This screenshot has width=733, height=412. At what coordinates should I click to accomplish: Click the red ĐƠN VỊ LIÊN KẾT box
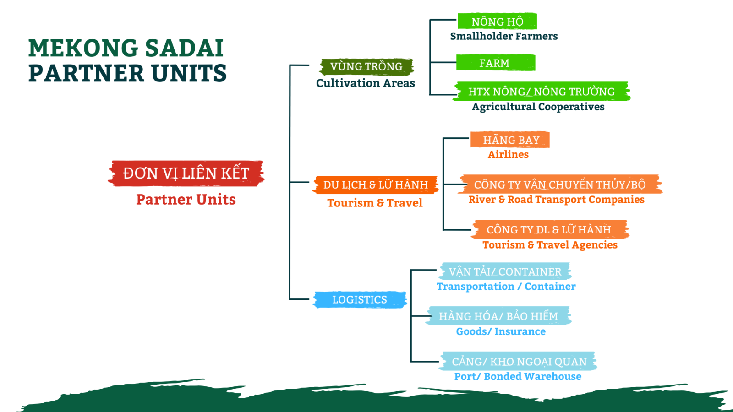(186, 173)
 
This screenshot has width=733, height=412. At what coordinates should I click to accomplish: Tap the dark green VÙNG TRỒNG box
(366, 67)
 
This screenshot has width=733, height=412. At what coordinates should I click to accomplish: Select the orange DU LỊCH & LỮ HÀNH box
(375, 185)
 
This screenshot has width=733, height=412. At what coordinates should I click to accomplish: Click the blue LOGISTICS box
(360, 299)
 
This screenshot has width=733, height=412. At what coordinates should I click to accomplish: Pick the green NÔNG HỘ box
(497, 21)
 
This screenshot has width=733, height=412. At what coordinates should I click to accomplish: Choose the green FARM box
(495, 62)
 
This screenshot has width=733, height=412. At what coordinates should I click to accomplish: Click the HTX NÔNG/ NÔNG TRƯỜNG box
(541, 91)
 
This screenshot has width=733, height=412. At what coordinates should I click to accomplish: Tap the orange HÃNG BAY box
(510, 140)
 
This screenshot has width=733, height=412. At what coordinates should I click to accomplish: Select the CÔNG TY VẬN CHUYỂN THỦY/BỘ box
(560, 184)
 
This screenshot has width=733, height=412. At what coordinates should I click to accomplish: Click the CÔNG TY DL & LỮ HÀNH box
(549, 229)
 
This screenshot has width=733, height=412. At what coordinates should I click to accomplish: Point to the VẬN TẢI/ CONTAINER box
(504, 271)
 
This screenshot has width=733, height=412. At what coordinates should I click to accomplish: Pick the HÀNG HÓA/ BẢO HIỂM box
(498, 316)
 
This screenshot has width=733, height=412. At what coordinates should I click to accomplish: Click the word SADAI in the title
(184, 48)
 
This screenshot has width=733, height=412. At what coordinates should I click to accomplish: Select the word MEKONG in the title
(83, 48)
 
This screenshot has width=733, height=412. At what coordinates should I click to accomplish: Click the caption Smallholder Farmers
(504, 36)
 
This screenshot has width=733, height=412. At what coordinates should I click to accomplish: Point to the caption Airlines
(508, 154)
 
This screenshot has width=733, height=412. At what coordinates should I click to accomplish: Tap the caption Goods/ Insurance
(501, 331)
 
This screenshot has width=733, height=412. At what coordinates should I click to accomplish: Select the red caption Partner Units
(186, 200)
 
